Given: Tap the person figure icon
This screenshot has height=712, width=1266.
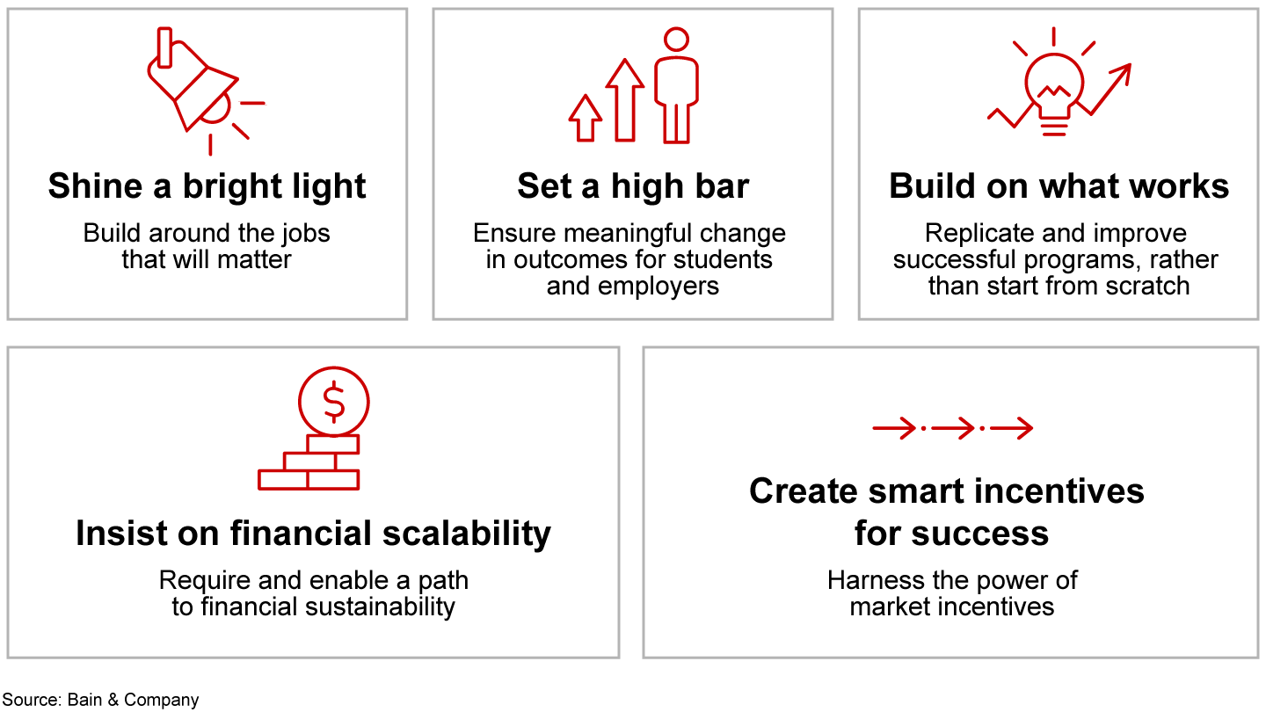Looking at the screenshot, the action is tap(676, 84).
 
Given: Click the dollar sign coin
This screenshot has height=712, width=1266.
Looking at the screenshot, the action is tap(333, 402).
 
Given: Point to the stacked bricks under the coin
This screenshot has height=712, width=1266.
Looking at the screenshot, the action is tap(309, 462).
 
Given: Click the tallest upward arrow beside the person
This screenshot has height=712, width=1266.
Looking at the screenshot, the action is tap(624, 100).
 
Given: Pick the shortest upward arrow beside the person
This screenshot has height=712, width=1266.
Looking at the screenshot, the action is tap(585, 118).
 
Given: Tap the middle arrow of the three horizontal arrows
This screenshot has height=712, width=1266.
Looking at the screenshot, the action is tap(953, 428).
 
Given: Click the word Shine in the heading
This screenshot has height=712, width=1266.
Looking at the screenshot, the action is tap(96, 186).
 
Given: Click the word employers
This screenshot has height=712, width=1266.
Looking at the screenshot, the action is tap(658, 287).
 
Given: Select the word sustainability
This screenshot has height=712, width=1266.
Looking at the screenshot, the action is tap(380, 607).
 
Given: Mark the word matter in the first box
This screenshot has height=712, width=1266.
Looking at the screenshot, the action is tap(254, 260).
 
